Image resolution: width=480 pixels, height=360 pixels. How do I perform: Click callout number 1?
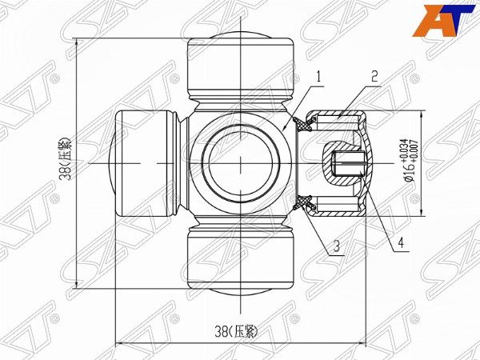click(318, 78)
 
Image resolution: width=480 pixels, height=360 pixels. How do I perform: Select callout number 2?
click(374, 78)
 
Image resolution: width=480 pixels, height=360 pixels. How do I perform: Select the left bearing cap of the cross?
click(143, 163)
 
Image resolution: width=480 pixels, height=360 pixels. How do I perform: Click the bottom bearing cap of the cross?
click(242, 261)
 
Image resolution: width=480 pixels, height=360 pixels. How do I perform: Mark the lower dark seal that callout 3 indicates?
click(305, 203)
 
